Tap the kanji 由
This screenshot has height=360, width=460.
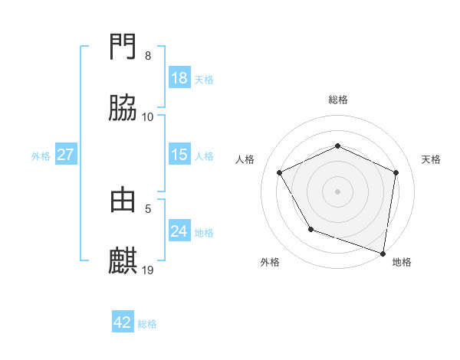click(123, 200)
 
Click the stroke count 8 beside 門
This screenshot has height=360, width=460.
click(148, 56)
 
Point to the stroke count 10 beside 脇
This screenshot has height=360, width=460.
click(148, 116)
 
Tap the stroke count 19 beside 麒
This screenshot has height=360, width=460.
click(148, 270)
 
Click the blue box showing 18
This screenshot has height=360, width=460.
click(179, 78)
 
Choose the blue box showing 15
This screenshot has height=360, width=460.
click(179, 155)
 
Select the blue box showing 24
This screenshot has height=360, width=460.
click(179, 231)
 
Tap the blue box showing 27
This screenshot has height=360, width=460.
click(66, 155)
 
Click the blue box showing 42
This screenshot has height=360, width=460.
click(123, 322)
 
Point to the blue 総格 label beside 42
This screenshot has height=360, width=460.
click(147, 324)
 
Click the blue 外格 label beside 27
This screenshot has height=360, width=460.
click(41, 155)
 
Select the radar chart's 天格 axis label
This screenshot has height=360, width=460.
click(432, 159)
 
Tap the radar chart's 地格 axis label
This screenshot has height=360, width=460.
click(402, 262)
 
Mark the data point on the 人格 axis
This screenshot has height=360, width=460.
click(280, 173)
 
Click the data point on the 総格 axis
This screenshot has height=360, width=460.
click(338, 146)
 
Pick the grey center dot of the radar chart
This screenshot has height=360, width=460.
click(338, 191)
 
